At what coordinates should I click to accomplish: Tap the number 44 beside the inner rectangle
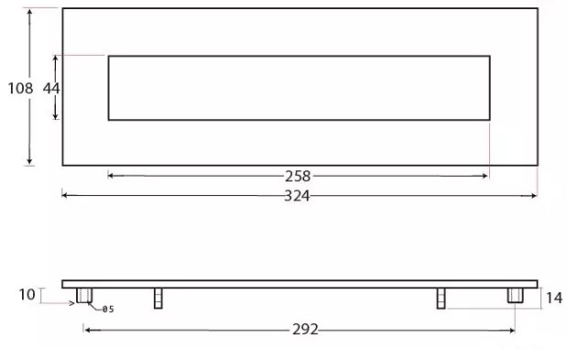point(51,88)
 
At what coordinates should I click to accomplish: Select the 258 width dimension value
point(299,176)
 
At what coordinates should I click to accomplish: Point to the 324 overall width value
point(299,195)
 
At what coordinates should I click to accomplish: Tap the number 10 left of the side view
point(27,294)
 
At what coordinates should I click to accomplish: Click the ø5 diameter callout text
point(107,310)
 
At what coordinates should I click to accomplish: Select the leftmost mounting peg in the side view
point(83,296)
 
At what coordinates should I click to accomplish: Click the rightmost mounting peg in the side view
point(514,296)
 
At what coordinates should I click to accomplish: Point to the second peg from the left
point(158,298)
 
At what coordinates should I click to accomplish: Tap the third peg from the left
point(441,298)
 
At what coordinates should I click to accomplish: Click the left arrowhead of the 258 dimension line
point(111,175)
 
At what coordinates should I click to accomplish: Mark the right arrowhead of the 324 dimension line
point(534,194)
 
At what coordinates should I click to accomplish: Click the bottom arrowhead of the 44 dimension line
point(56,116)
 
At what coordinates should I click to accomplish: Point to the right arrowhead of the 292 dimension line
point(512,330)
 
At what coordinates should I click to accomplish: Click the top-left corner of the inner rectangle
point(109,57)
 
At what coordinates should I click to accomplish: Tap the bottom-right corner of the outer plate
point(536,165)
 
